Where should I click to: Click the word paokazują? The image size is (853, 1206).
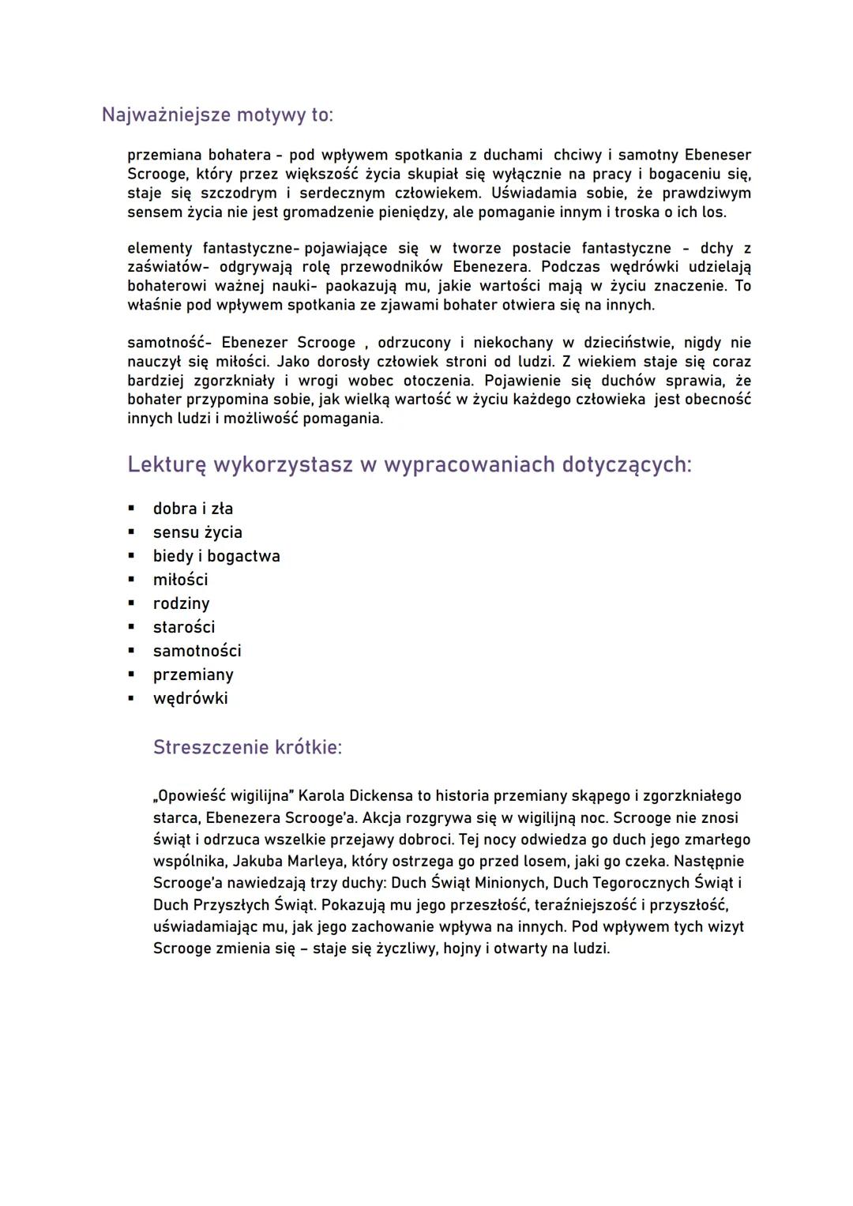[x=366, y=286]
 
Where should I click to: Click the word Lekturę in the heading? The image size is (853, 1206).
[x=167, y=465]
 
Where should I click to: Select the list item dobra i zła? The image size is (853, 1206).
[x=193, y=509]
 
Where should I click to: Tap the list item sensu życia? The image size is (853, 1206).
[x=197, y=533]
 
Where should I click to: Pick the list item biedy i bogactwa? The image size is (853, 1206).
[x=216, y=557]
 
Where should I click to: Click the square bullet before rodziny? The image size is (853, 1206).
[x=132, y=604]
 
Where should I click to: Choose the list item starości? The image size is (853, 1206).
[x=184, y=628]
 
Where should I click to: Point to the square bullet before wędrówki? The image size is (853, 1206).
[x=132, y=699]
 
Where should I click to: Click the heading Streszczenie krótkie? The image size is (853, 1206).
[x=247, y=748]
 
